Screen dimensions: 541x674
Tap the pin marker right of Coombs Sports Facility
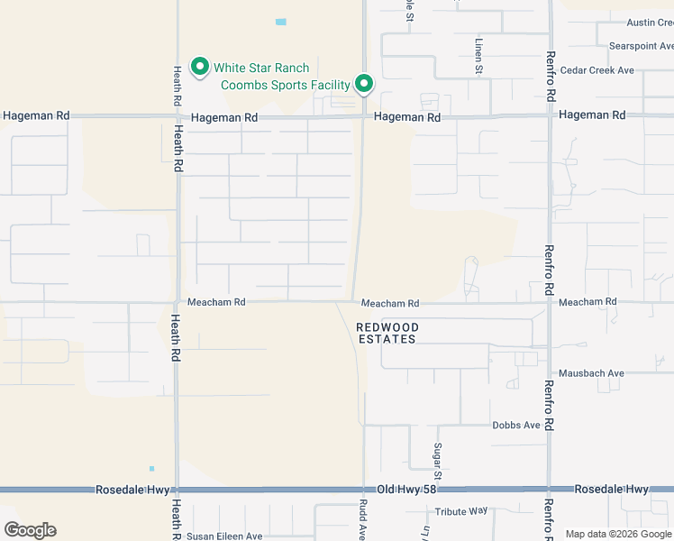(364, 84)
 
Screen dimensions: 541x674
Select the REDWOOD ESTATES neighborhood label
(387, 333)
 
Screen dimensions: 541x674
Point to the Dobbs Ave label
(516, 425)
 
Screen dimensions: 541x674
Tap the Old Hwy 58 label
(406, 489)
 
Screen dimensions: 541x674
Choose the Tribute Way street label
(460, 511)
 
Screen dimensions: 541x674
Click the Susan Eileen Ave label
(224, 536)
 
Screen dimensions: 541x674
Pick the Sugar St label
(438, 461)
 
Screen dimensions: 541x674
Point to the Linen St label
(479, 56)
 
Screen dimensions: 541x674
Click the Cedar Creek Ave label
(597, 70)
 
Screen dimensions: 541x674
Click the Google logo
(30, 530)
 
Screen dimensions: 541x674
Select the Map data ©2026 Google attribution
(619, 534)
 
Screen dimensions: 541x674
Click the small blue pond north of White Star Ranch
(281, 22)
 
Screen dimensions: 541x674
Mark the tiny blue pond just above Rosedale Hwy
(151, 468)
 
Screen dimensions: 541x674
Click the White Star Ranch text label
(261, 68)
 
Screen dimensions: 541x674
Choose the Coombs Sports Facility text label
(286, 85)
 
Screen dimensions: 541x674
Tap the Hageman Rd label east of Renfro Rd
(592, 115)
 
